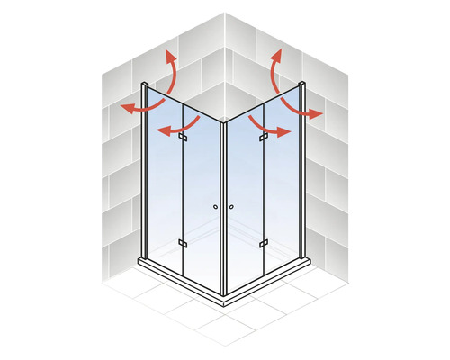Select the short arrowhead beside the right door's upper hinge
[x=285, y=132]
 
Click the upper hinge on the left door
[x=183, y=138]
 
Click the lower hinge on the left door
[x=183, y=243]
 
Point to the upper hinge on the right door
[x=264, y=138]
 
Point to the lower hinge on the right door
[x=264, y=243]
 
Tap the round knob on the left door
[x=216, y=208]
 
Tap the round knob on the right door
[x=231, y=208]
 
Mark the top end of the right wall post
[x=304, y=86]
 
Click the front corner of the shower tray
[x=223, y=300]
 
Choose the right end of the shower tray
[x=309, y=262]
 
